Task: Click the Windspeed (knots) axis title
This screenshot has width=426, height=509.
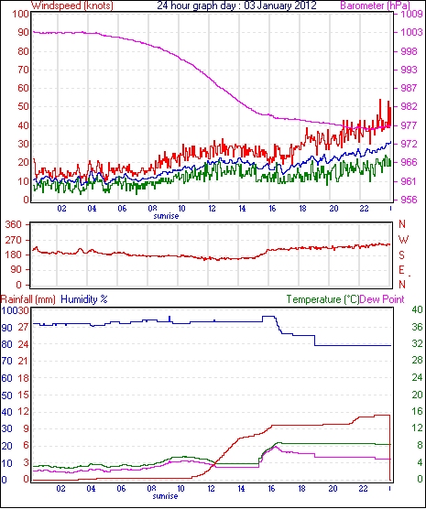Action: point(72,5)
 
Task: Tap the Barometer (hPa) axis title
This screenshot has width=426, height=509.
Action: point(375,5)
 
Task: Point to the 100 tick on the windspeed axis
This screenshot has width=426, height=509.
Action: point(21,15)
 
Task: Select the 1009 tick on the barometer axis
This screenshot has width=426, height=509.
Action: point(411,15)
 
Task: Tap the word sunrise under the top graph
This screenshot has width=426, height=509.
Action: point(166,216)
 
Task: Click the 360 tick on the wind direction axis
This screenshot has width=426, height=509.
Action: point(14,224)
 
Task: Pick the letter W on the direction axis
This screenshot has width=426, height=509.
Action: point(403,240)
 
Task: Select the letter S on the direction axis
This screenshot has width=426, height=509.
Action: point(402,255)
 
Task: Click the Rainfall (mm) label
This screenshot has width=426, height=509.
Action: point(28,299)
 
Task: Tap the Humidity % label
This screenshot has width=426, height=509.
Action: point(84,299)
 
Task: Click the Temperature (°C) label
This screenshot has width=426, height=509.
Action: point(322,299)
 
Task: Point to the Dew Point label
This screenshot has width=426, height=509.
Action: point(382,299)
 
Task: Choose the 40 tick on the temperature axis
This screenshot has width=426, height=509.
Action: point(418,309)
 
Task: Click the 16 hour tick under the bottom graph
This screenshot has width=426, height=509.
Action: point(272,488)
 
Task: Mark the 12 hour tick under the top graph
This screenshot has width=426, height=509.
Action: point(212,208)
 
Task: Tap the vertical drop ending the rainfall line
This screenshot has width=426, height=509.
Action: point(389,448)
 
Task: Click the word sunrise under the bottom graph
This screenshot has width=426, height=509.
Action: point(166,496)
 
